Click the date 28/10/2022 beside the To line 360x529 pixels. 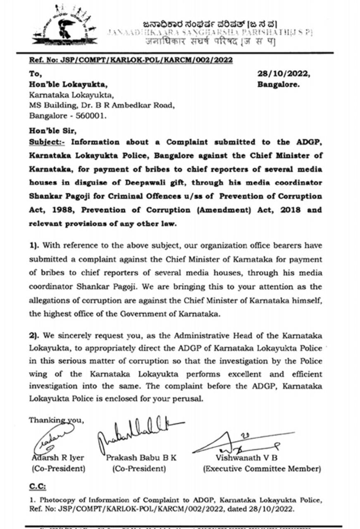[283, 74]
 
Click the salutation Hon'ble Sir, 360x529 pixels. [52, 131]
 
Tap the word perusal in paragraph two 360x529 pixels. [188, 400]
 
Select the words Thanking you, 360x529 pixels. [57, 420]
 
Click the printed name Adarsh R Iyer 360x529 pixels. [58, 458]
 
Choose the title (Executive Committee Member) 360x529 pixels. [261, 469]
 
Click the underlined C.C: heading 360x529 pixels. [38, 486]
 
